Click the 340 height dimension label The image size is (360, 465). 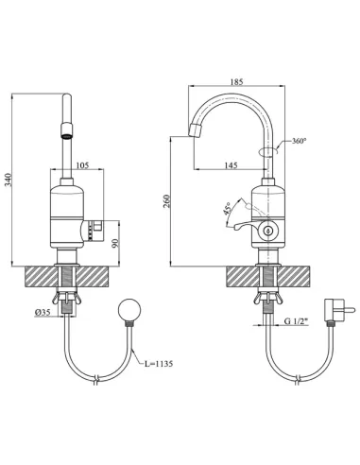click(9, 180)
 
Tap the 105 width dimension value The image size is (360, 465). click(83, 165)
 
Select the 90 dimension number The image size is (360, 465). click(115, 243)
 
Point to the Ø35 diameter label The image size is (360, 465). click(43, 312)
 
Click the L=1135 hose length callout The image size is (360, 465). click(159, 364)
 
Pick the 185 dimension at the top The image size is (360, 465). click(236, 82)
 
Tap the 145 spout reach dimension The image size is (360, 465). click(231, 165)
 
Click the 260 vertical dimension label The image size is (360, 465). click(167, 201)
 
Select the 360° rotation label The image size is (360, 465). click(299, 141)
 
